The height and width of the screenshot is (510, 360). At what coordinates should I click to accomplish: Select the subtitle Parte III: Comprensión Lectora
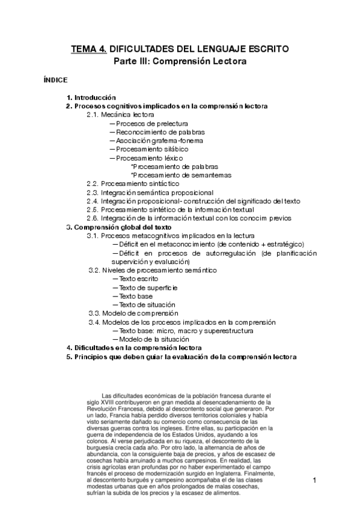180,61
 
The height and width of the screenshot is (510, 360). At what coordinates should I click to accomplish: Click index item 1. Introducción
91,97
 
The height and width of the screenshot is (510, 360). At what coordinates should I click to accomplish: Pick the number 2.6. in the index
93,218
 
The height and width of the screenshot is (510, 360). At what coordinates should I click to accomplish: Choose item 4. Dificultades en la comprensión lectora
133,348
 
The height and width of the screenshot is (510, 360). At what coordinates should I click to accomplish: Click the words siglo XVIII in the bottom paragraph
102,399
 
